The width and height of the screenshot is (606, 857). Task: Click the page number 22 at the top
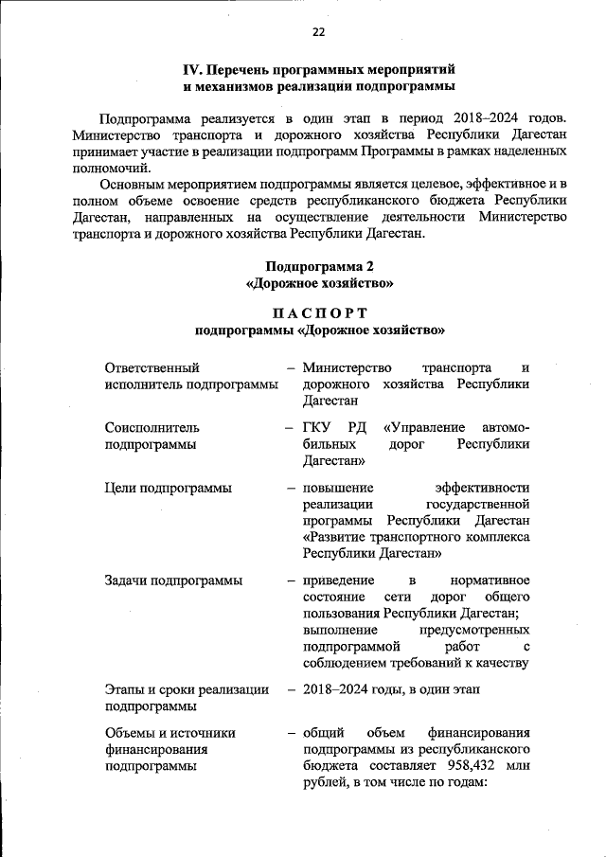click(x=318, y=32)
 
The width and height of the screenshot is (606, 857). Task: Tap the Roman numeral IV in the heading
click(x=192, y=70)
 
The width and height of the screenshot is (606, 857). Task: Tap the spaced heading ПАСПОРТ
click(x=319, y=312)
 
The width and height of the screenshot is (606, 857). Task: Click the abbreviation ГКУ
click(x=317, y=427)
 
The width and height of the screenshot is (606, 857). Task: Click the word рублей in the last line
click(x=323, y=783)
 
